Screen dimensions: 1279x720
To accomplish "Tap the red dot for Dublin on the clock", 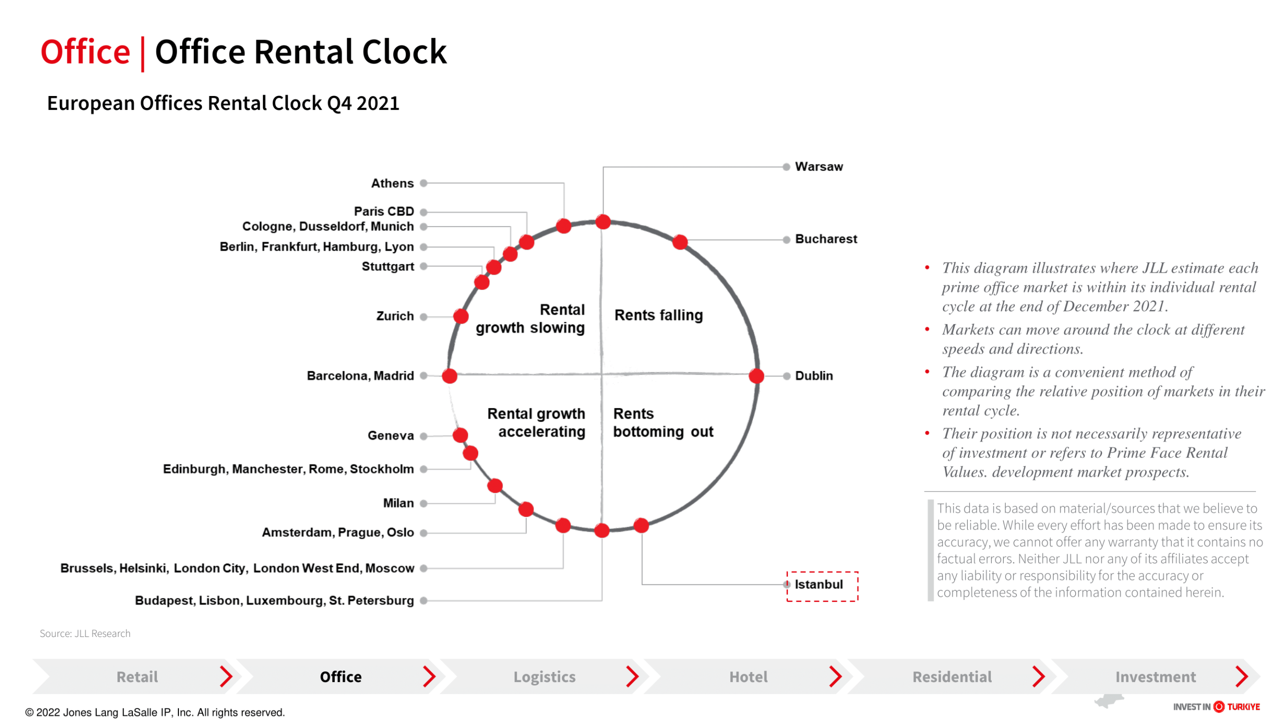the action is tap(756, 375).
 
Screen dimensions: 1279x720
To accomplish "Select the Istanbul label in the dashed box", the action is tap(818, 584).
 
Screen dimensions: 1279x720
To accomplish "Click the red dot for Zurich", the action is tap(461, 316).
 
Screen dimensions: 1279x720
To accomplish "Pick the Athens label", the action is tap(392, 183).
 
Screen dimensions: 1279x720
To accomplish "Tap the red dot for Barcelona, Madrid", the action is tap(450, 375).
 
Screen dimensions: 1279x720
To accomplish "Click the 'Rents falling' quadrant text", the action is tap(658, 315).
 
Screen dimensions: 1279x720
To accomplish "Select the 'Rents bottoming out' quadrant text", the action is tap(663, 422).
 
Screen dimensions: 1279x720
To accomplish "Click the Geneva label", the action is tap(391, 435).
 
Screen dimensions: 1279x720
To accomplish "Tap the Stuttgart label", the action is tap(388, 266).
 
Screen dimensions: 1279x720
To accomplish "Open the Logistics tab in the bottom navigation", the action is tap(544, 676).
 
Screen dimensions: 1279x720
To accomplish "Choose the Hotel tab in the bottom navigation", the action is tap(748, 676).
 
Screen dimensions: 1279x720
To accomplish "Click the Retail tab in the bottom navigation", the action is tap(137, 676).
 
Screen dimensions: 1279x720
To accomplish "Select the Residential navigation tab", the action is tap(952, 676).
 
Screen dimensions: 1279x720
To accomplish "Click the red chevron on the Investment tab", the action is tap(1242, 676).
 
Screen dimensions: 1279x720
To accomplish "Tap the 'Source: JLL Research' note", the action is tap(85, 633).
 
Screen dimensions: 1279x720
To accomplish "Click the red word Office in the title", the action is tap(85, 51).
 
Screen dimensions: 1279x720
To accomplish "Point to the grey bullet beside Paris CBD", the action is tap(424, 212).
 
